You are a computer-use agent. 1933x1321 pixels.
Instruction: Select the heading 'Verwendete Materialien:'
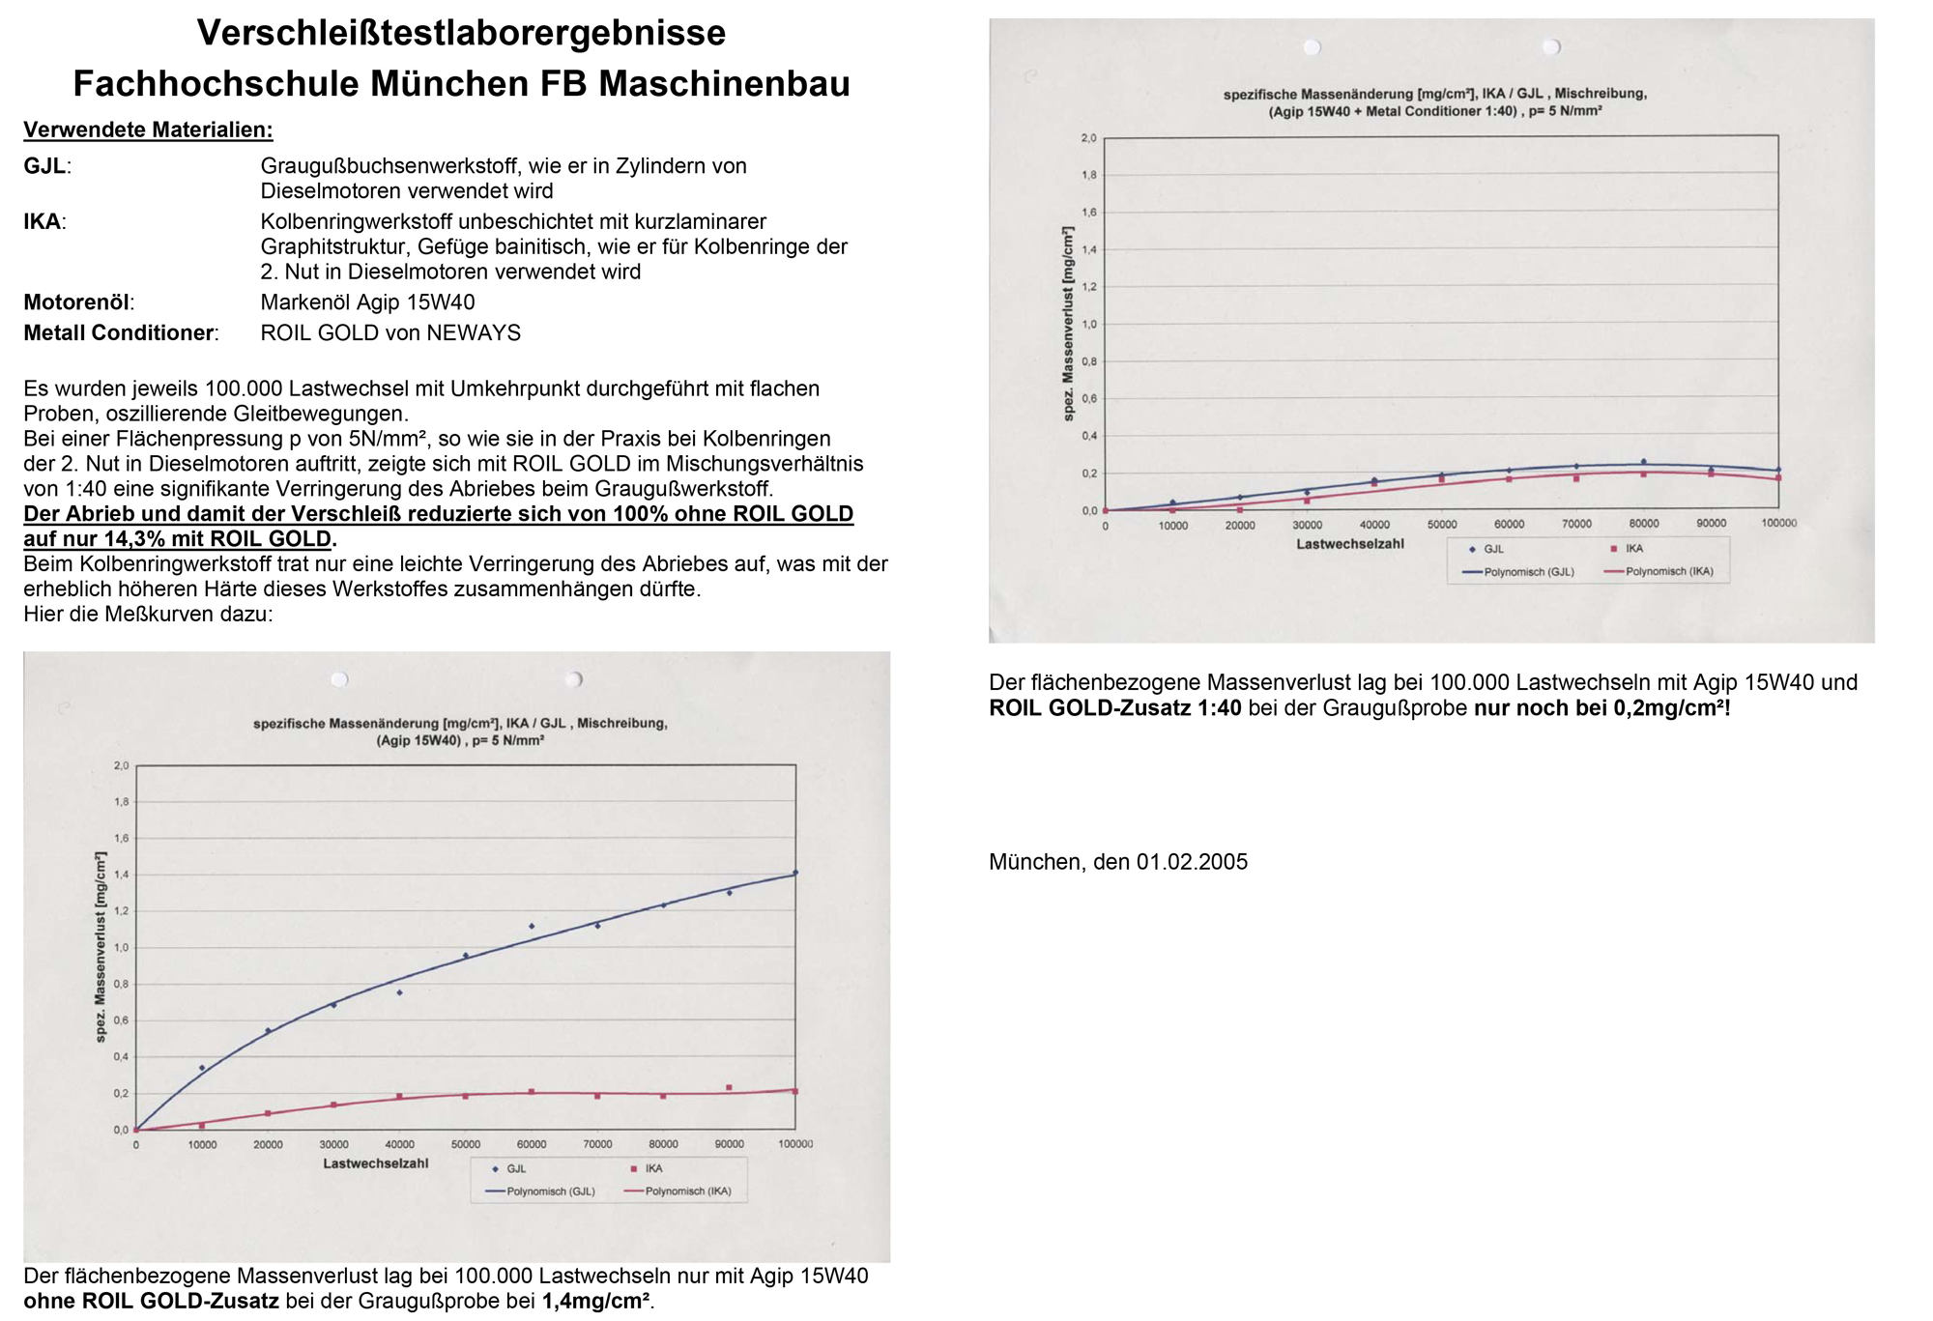point(148,130)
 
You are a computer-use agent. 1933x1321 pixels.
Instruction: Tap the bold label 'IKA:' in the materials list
point(44,222)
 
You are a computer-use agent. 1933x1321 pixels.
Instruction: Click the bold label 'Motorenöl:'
point(78,302)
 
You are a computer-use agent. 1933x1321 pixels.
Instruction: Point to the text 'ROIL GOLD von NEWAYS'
point(390,333)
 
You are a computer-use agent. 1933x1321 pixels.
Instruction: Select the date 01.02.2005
point(1192,862)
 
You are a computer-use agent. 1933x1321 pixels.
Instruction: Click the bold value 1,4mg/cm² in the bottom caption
point(595,1301)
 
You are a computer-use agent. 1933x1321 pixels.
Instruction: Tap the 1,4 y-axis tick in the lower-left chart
point(121,875)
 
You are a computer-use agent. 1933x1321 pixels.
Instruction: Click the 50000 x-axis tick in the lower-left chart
point(465,1144)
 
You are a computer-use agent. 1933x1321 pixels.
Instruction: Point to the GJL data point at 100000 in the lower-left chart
point(795,873)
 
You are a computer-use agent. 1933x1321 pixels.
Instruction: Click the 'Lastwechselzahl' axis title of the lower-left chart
point(375,1163)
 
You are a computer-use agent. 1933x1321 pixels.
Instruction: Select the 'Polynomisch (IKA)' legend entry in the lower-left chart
point(687,1192)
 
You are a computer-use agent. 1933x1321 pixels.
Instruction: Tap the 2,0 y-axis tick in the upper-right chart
point(1088,138)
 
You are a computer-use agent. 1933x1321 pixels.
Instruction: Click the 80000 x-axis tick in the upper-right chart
point(1643,524)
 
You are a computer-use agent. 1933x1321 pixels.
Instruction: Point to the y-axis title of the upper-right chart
point(1068,324)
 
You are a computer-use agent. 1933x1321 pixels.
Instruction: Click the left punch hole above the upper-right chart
point(1312,47)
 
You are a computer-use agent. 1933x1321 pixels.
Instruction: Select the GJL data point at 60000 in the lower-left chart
point(532,926)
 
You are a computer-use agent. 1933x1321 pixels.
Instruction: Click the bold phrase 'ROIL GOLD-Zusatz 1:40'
point(1114,708)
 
